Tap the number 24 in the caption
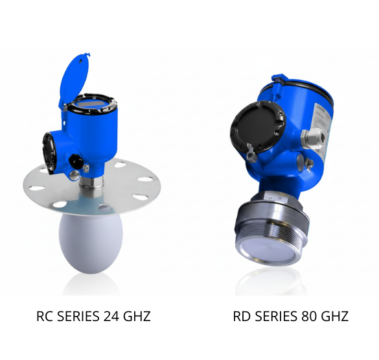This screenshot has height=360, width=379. (x=111, y=316)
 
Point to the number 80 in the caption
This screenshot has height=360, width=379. (x=309, y=316)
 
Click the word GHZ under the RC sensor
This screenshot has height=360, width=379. (x=137, y=316)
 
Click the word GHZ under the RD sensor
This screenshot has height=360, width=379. (x=335, y=316)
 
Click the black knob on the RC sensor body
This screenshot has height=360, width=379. (x=75, y=160)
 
